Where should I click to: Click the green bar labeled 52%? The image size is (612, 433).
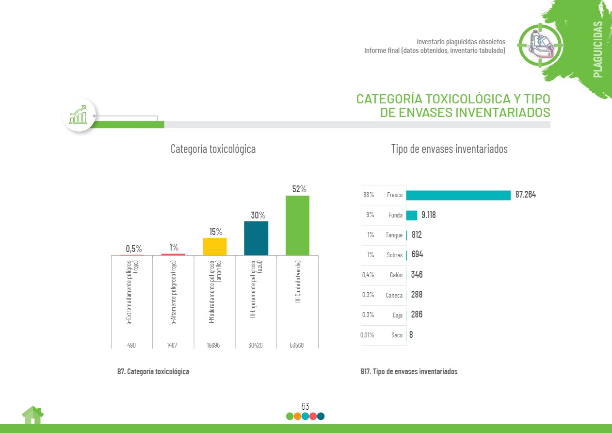point(297,225)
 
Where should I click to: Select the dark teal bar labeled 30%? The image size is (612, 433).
point(256,238)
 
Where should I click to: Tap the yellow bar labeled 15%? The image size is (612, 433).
point(215,247)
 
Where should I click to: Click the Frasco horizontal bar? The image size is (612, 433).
point(458,195)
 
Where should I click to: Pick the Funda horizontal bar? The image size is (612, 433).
point(412,215)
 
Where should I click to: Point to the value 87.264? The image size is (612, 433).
point(526,195)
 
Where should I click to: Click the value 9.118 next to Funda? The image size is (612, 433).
point(429,215)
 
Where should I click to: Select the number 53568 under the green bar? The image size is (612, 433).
point(297,345)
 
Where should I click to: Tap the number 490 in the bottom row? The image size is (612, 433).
point(131,345)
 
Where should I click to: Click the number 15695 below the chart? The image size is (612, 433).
point(214,345)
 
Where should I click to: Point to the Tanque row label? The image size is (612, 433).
point(394,235)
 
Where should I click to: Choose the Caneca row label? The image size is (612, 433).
point(394,295)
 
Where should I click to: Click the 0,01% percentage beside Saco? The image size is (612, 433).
point(367,335)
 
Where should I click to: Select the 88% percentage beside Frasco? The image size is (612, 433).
point(369,195)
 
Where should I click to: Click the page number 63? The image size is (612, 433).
point(305,406)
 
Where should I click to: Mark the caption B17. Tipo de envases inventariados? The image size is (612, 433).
point(409,372)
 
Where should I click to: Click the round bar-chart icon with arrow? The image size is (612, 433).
point(79,115)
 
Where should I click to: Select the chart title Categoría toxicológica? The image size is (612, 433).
point(213,149)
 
